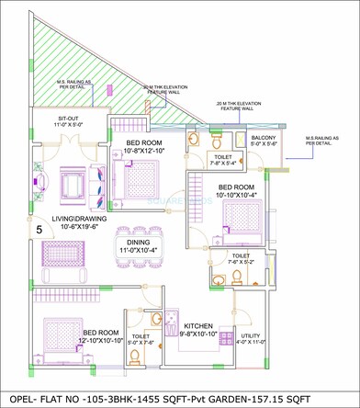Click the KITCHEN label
(198, 326)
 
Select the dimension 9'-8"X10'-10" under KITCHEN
(198, 334)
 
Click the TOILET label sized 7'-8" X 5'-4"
(223, 156)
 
